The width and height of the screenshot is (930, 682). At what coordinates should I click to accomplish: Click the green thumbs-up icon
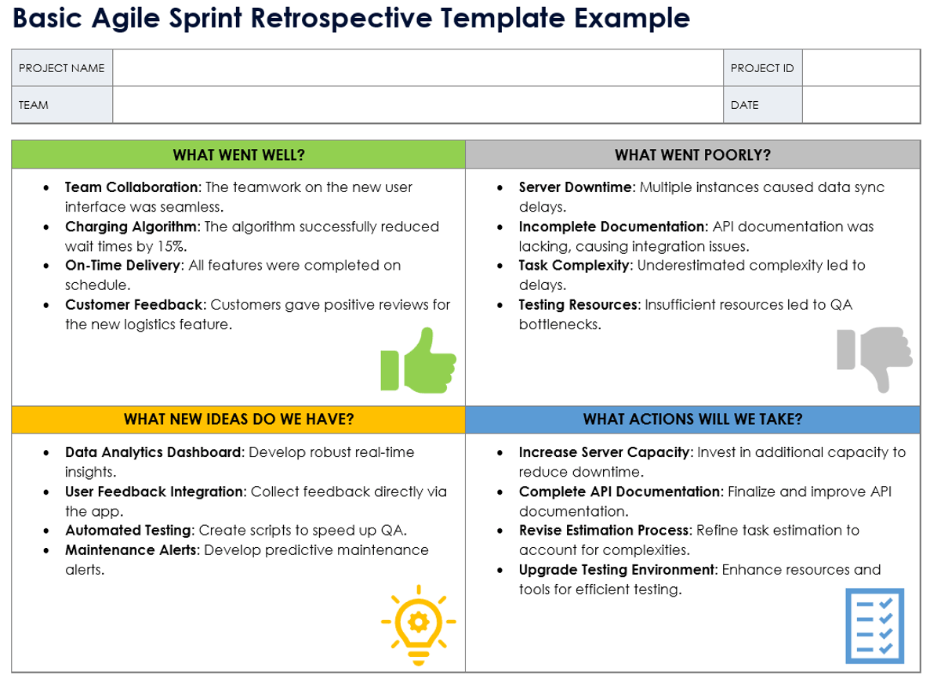(x=418, y=360)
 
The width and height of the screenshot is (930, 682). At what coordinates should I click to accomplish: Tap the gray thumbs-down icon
(x=874, y=359)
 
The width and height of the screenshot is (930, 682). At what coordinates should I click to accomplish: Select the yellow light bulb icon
(x=418, y=625)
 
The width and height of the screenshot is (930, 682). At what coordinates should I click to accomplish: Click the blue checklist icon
(x=874, y=626)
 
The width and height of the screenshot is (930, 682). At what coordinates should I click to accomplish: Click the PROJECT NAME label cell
(x=62, y=68)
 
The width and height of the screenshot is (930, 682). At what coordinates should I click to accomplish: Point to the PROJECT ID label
(x=762, y=68)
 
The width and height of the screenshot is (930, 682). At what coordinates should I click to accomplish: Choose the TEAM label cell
(x=62, y=105)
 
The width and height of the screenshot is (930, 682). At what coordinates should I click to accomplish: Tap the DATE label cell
(x=763, y=105)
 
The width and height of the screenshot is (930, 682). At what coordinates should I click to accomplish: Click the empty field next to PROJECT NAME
(x=418, y=68)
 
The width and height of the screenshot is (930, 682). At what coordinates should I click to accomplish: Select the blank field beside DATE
(x=861, y=105)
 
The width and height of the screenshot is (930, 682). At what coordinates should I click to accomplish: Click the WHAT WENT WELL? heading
(x=238, y=155)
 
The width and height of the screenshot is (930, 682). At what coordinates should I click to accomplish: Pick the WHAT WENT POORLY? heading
(x=692, y=155)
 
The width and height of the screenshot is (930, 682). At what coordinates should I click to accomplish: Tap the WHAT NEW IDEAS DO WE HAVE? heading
(x=238, y=420)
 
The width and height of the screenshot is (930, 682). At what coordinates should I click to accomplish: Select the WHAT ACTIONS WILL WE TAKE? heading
(x=692, y=420)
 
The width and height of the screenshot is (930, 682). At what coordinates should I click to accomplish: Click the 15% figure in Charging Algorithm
(x=172, y=246)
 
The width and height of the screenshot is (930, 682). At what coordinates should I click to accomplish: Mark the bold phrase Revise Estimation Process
(x=605, y=530)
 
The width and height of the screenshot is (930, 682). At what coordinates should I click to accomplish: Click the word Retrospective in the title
(x=342, y=18)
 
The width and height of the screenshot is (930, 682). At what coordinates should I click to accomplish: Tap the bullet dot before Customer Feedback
(x=46, y=306)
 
